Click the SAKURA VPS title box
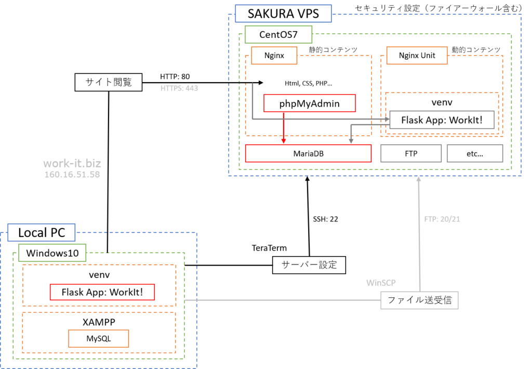pos(283,14)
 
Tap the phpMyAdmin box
pos(309,103)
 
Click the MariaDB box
pos(308,153)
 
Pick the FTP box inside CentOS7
pos(410,153)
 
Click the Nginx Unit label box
pos(417,56)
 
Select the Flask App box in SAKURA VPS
pos(442,120)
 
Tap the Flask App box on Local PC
pos(102,292)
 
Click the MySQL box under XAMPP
pos(98,339)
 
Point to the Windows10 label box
pos(52,253)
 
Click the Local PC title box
pos(42,232)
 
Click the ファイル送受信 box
pos(420,300)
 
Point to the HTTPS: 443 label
pos(179,88)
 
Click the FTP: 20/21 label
pos(442,219)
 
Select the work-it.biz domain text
pos(72,164)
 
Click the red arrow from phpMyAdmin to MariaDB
pos(284,127)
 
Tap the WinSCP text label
pos(381,283)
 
